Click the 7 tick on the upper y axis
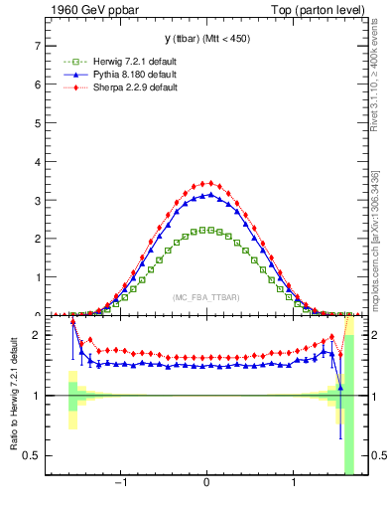[38, 46]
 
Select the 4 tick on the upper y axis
[38, 161]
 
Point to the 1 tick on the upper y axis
[38, 276]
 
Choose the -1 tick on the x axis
[121, 487]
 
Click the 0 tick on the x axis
[206, 487]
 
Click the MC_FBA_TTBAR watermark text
[205, 297]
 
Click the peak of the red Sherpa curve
[206, 183]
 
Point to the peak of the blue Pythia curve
[206, 195]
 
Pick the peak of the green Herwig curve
[206, 230]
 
